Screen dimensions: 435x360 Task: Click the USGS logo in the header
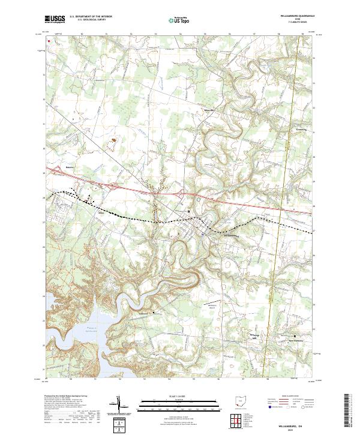point(55,19)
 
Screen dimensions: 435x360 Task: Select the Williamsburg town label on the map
point(231,235)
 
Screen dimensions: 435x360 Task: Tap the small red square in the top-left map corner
point(49,41)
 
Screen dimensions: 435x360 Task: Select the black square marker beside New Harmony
point(295,335)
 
